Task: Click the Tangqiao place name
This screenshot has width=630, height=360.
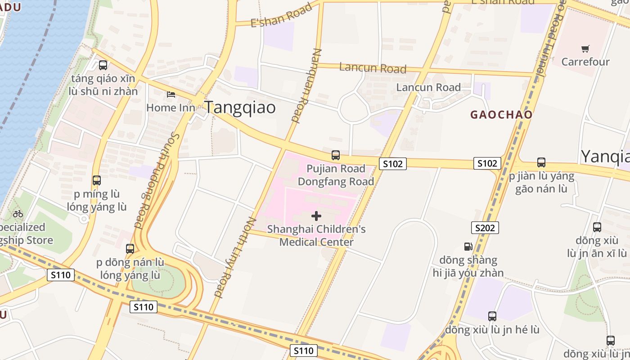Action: point(240,108)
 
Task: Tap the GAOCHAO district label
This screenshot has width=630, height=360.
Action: point(501,115)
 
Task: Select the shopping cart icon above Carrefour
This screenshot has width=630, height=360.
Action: point(585,49)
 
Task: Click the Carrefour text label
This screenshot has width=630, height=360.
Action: point(585,62)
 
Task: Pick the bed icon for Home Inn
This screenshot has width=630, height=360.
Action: point(171,94)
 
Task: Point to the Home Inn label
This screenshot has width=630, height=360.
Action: point(171,108)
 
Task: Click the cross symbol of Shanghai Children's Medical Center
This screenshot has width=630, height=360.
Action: point(316,216)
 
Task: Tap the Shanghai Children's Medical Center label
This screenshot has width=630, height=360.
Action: point(316,235)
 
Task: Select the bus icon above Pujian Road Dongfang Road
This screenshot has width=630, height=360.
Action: point(336,155)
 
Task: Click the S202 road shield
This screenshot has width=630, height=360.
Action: point(485,228)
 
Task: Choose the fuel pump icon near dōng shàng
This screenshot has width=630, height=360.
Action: point(468,247)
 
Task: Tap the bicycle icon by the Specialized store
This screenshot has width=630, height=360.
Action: point(18,214)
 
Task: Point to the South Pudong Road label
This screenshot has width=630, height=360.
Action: point(155,180)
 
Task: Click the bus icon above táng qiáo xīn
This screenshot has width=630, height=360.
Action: point(103,65)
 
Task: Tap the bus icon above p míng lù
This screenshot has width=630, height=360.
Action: point(97,180)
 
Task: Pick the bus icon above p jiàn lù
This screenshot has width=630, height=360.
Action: point(541,162)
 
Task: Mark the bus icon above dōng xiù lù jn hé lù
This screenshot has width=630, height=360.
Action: point(492,316)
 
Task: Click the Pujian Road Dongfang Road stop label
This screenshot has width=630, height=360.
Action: point(336,175)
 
